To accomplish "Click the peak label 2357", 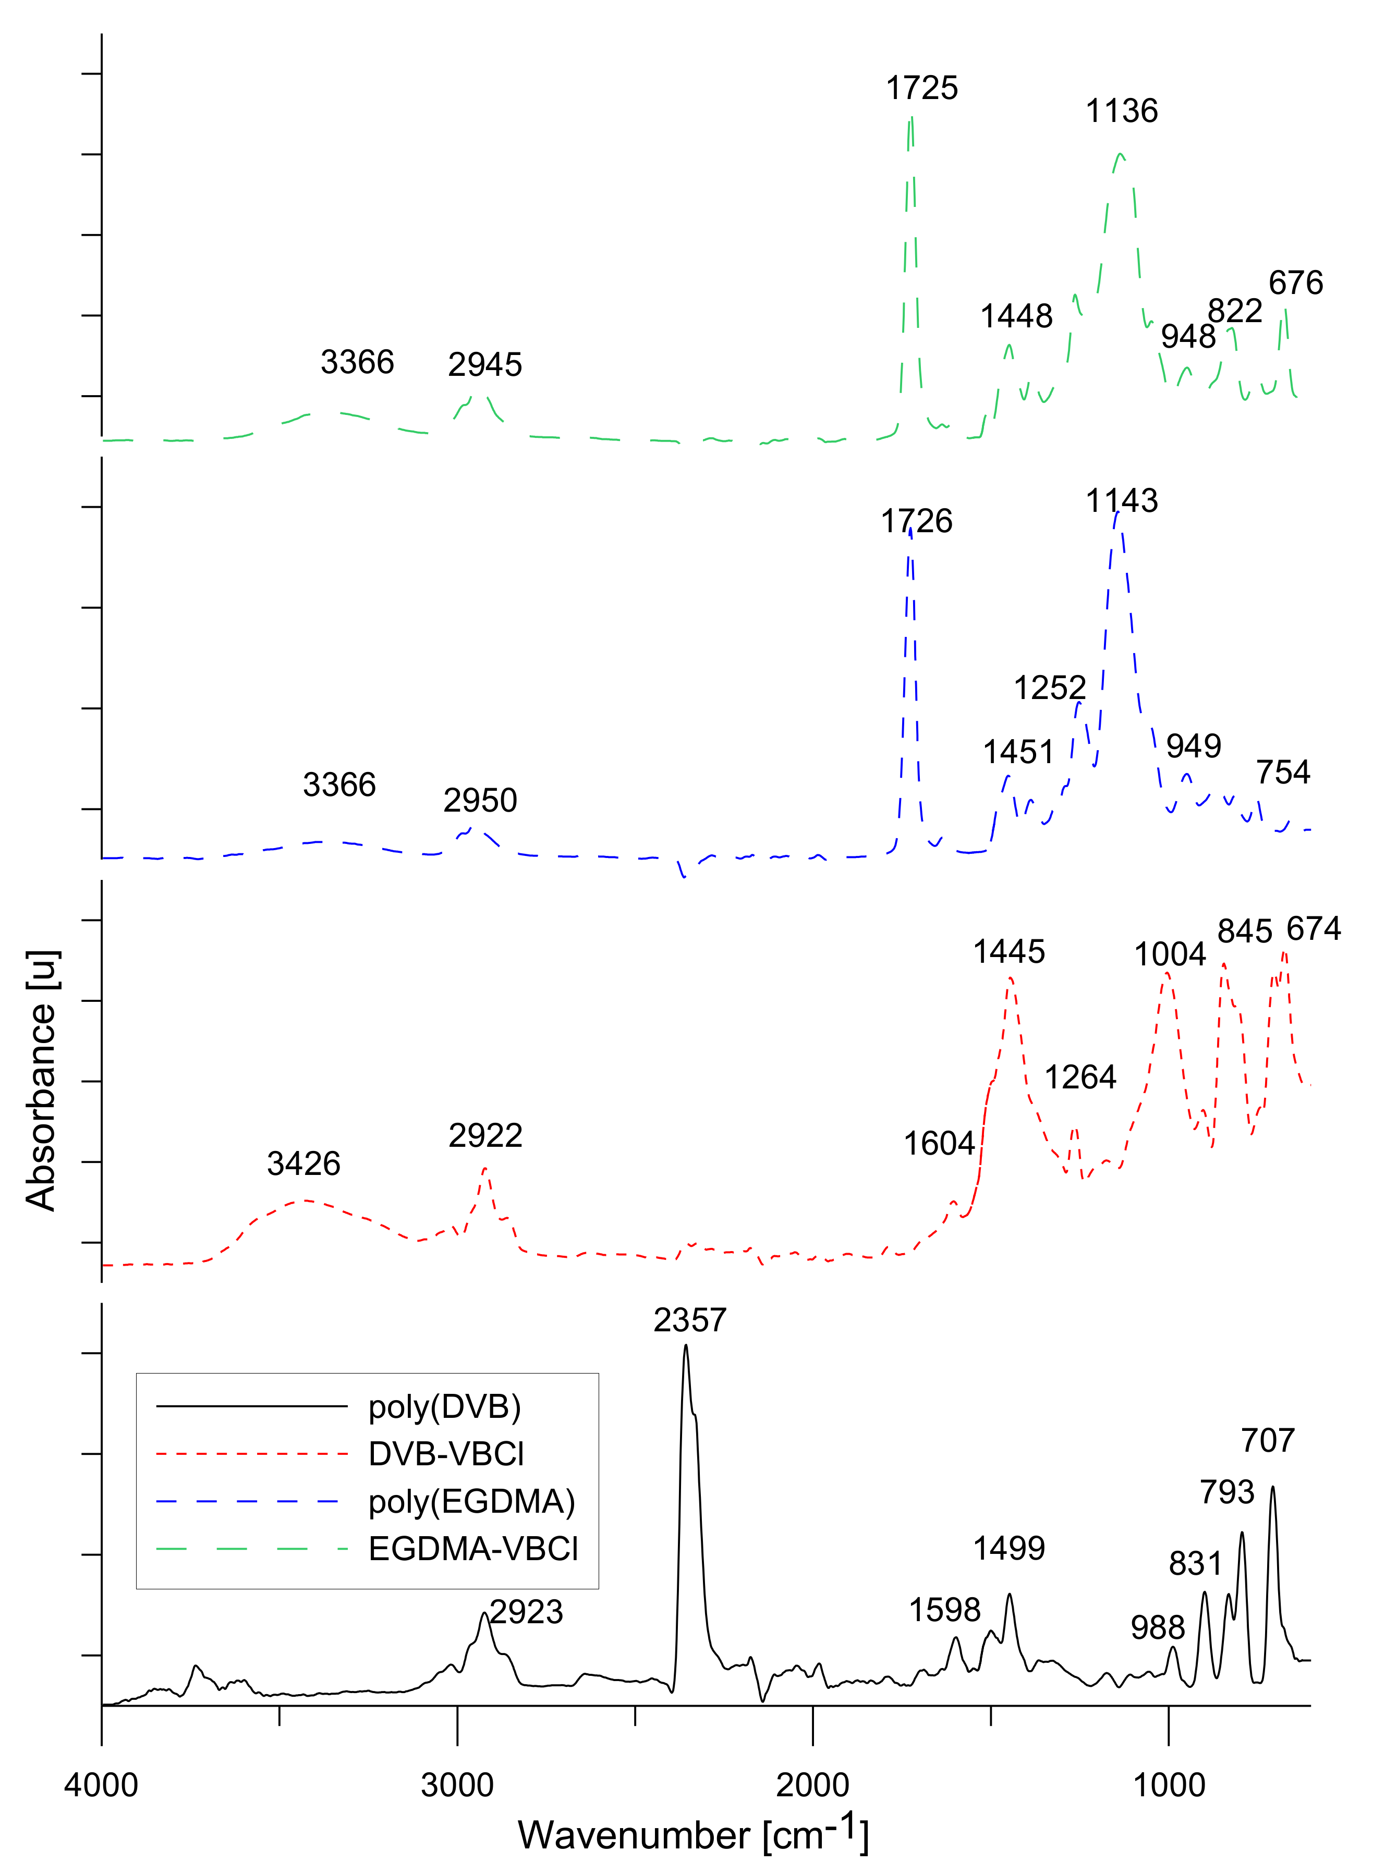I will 689,1320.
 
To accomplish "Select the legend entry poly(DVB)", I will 444,1406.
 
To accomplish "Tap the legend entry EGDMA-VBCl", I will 473,1549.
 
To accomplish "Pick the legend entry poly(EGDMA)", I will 471,1501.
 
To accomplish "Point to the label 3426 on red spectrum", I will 303,1163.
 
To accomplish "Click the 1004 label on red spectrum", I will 1170,954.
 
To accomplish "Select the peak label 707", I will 1268,1440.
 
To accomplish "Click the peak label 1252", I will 1050,688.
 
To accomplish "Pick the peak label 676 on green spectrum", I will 1295,283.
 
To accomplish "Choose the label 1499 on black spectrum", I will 1009,1548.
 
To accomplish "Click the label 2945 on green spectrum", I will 484,364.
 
